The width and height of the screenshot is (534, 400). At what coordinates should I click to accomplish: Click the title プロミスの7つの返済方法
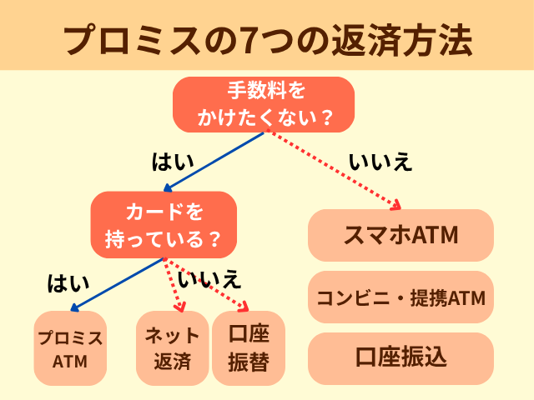coord(267,38)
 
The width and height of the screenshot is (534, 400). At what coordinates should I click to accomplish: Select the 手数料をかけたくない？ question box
coord(264,104)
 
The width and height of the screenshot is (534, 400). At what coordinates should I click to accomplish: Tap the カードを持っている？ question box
coord(164,225)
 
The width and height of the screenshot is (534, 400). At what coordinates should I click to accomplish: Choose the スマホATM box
coord(400,235)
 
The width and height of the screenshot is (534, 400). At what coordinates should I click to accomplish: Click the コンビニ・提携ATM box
coord(400,297)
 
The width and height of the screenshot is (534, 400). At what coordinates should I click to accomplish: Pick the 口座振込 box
coord(400,358)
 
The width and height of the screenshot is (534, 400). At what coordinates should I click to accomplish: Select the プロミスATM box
coord(70,348)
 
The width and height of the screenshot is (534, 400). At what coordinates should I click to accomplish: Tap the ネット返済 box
coord(173,348)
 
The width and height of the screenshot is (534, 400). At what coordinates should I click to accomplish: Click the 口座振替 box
coord(249,348)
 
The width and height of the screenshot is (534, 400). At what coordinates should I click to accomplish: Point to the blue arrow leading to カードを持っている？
coord(217,162)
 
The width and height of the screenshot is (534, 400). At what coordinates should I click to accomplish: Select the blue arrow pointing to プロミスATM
coord(117,284)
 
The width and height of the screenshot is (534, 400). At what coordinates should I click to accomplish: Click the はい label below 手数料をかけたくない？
coord(172,162)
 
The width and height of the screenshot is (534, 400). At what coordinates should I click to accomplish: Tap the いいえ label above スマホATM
coord(380,162)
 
